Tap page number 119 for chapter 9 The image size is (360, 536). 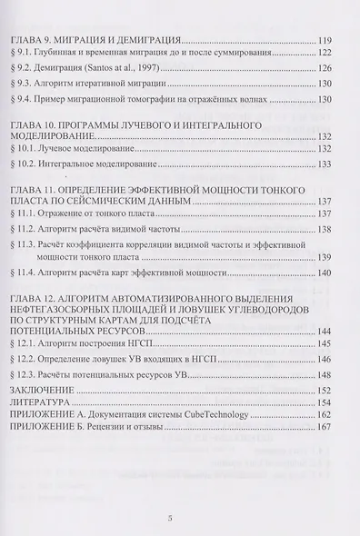[x=331, y=42]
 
